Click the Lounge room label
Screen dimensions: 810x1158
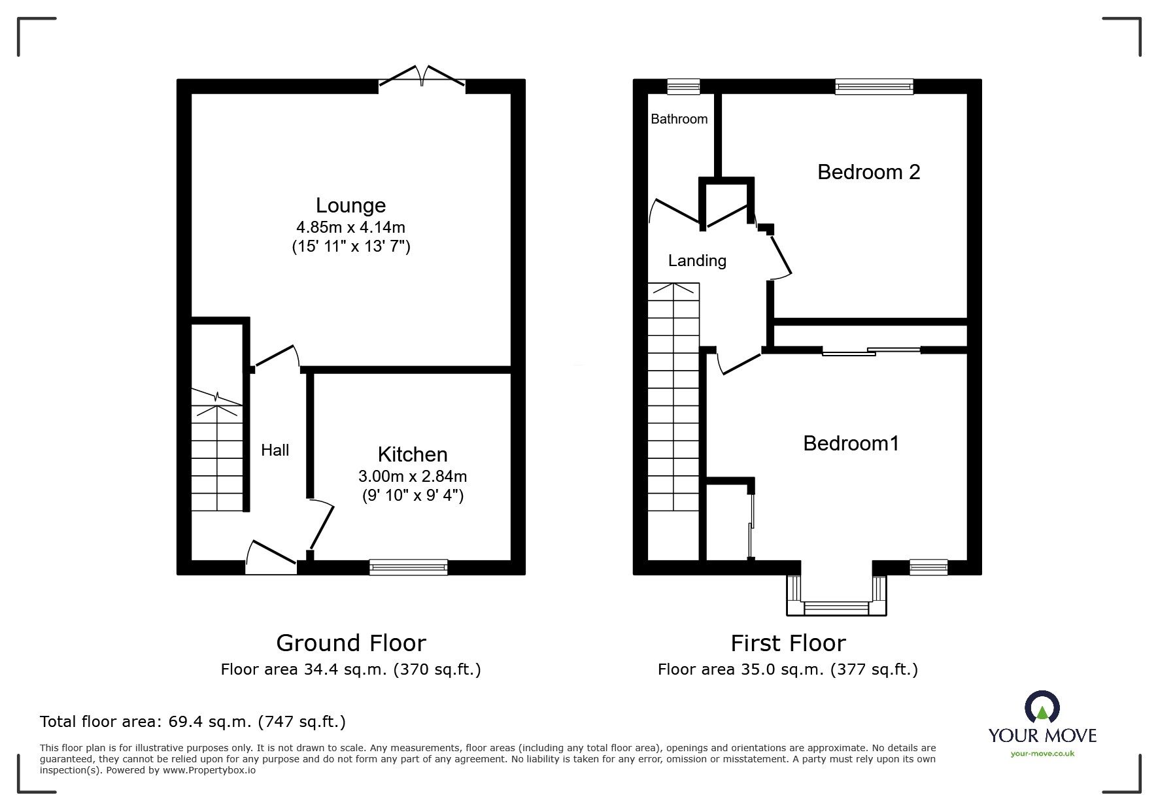pos(350,205)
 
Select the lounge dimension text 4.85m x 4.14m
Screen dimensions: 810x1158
pos(350,228)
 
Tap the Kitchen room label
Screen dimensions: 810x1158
pos(413,454)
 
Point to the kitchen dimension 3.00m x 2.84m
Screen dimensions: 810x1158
pos(413,476)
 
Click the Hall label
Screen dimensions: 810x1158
pos(275,450)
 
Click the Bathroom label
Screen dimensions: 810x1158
pos(679,119)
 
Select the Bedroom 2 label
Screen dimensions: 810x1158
pos(868,172)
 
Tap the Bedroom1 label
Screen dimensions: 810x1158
pos(851,443)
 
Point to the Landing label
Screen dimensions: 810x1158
pos(697,261)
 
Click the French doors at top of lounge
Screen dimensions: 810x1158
pos(422,78)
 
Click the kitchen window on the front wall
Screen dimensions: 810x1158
pos(409,567)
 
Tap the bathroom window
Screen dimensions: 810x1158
pos(683,86)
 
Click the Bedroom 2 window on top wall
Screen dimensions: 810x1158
pos(874,86)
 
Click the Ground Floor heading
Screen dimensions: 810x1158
pos(350,643)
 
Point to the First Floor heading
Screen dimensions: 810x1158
pos(788,643)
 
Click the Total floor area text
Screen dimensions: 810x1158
pos(193,722)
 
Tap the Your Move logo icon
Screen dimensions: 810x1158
pos(1042,707)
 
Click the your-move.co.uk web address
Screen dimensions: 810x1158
pos(1042,754)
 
